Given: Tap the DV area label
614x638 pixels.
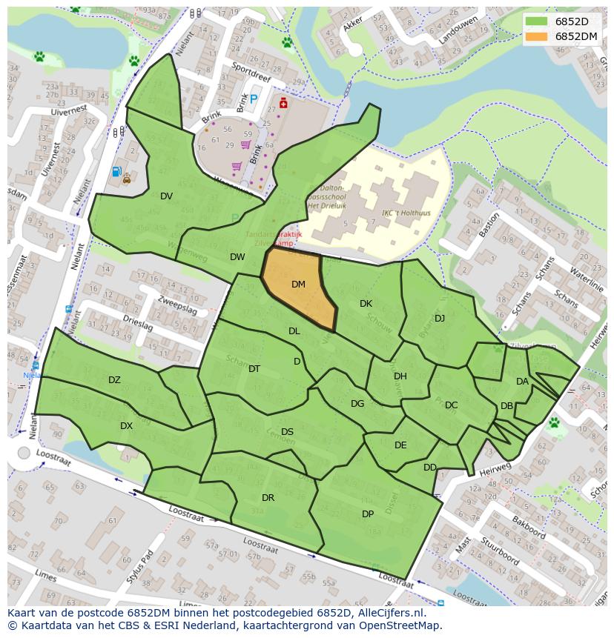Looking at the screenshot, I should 166,196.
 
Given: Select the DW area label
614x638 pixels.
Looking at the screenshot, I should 237,257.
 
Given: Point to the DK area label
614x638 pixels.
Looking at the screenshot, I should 366,304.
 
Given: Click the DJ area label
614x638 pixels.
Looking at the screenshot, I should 440,319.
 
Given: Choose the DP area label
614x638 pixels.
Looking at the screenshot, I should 368,514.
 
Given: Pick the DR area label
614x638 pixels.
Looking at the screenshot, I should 268,498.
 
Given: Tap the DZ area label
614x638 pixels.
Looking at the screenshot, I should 114,380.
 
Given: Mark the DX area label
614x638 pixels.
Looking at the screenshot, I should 126,426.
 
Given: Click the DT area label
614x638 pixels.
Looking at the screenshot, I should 254,369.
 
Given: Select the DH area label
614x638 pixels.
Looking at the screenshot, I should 400,376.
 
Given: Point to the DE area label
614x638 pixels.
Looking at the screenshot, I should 400,445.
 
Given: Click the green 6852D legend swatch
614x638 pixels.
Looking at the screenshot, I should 537,21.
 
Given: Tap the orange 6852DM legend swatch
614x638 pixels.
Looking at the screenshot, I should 537,36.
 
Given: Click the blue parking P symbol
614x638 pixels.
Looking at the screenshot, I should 254,99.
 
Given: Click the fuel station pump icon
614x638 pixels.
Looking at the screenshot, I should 116,172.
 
